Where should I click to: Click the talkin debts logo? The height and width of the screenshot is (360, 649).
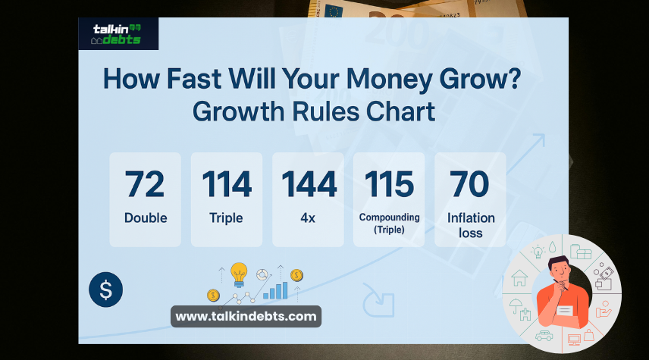pos(117,33)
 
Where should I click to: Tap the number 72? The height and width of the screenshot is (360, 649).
pos(145,184)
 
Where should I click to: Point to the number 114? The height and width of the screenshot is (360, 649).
pos(227,184)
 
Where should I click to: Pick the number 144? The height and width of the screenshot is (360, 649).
pos(309,184)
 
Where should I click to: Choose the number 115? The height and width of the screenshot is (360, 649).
pos(389,184)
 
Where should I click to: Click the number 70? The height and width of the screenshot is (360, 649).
pos(470,184)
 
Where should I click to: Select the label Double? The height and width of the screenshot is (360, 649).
pos(146,218)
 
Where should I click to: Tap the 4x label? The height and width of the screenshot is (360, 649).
pos(308,218)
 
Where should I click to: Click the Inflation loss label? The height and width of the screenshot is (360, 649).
pos(471,225)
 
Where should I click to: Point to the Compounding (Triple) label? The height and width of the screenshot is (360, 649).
pos(389,224)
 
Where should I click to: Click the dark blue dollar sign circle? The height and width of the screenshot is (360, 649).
pos(105,290)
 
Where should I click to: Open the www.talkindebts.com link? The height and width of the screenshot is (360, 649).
pos(246,316)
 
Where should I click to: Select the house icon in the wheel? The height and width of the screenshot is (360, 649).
pos(521,278)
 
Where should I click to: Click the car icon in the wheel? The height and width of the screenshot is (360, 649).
pos(543,335)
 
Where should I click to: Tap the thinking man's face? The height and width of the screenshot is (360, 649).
pos(560,269)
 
